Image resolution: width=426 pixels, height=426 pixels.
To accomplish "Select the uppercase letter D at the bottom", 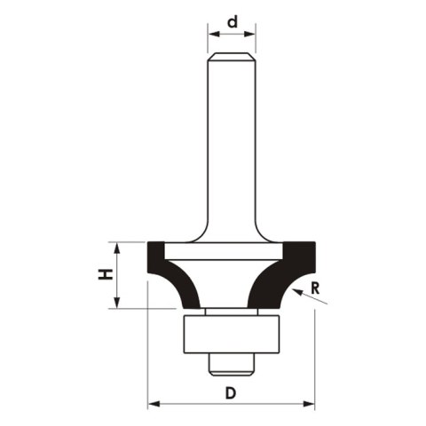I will click(x=232, y=391).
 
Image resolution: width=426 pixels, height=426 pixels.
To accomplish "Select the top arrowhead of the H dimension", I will click(x=117, y=246).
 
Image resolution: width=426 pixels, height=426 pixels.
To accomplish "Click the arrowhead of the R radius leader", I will click(x=296, y=292).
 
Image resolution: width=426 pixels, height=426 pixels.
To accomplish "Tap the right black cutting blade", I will click(x=288, y=271).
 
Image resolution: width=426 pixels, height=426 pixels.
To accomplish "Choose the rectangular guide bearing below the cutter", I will click(x=231, y=333).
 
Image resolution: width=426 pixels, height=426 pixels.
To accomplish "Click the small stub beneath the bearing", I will click(x=231, y=359).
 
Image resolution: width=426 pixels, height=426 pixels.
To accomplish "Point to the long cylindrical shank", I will click(x=232, y=142).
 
